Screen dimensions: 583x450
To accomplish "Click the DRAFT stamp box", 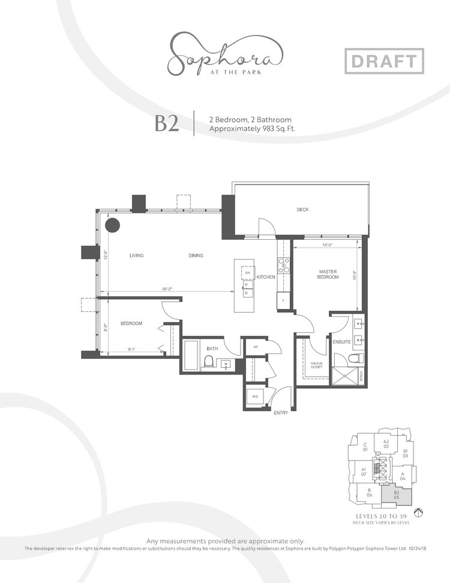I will [x=385, y=61].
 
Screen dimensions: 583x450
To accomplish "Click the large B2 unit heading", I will [x=167, y=123].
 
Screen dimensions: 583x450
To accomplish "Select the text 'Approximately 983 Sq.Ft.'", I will [x=251, y=129].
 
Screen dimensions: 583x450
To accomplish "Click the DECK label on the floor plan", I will [x=302, y=210].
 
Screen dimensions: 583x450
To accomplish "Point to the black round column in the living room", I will [x=113, y=226].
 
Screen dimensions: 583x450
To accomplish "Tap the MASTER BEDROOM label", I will [x=328, y=274].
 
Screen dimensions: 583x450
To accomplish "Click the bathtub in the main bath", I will [x=191, y=356].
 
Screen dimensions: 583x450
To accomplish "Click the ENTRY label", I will [x=280, y=414].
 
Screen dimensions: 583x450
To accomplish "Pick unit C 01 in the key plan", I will [x=365, y=447].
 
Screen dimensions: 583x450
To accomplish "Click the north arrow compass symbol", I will [x=419, y=512].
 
